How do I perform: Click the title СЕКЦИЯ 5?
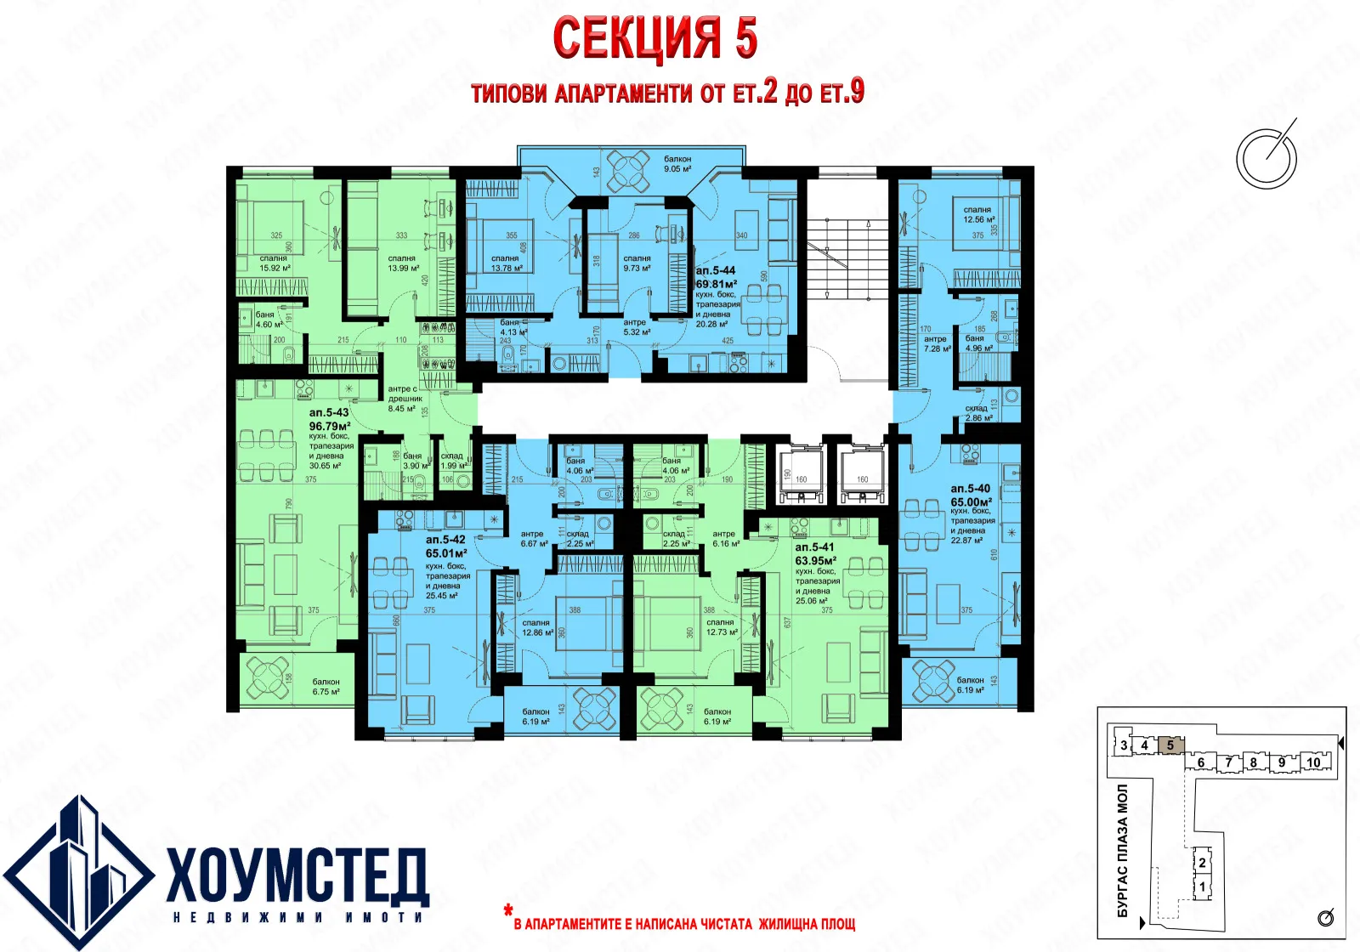[x=654, y=38]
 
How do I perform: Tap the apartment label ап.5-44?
[x=715, y=270]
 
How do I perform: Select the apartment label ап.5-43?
[x=329, y=412]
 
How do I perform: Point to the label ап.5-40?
[x=970, y=489]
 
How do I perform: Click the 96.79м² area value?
[x=330, y=426]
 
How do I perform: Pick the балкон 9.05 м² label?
[x=677, y=163]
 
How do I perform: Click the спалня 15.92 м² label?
[x=274, y=263]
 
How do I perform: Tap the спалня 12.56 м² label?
[x=978, y=214]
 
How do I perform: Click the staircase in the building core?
[x=847, y=258]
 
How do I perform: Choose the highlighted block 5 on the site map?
[x=1170, y=745]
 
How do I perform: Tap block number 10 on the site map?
[x=1313, y=762]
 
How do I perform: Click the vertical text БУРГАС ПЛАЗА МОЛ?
[x=1123, y=850]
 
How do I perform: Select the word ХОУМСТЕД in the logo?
[x=297, y=875]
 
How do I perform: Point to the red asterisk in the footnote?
[x=508, y=912]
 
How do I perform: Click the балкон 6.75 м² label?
[x=326, y=687]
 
